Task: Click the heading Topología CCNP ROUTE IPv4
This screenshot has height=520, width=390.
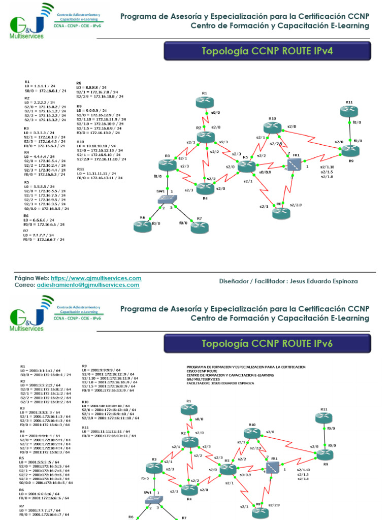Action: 267,51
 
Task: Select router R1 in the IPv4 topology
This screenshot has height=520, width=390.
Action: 205,102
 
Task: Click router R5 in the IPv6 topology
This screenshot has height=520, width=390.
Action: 228,470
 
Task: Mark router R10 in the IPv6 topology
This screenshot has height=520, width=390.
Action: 252,433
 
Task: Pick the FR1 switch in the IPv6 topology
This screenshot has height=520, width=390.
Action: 274,466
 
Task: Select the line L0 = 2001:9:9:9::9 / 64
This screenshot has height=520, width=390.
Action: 102,370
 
